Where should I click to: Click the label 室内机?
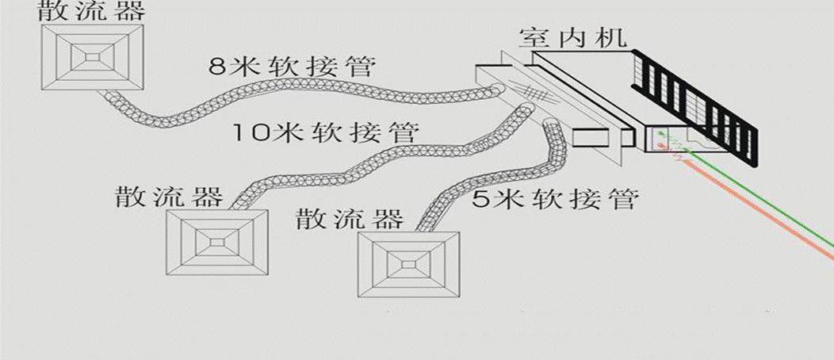(572, 38)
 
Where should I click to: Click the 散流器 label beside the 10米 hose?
(168, 196)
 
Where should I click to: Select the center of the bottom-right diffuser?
(408, 262)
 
